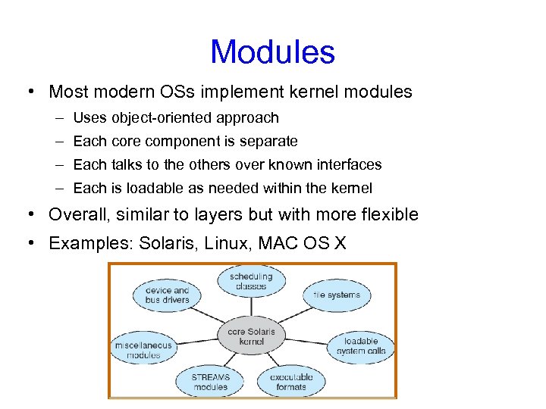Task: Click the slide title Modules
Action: [x=272, y=52]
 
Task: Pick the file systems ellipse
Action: [x=337, y=295]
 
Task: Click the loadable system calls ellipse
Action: [x=361, y=345]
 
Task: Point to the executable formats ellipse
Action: [x=290, y=381]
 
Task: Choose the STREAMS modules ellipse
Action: [x=210, y=381]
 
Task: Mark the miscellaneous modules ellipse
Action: [x=143, y=349]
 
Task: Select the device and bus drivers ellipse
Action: [x=167, y=295]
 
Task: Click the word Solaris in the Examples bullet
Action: [x=171, y=244]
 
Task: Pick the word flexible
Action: [x=387, y=215]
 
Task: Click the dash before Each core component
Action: [x=59, y=142]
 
